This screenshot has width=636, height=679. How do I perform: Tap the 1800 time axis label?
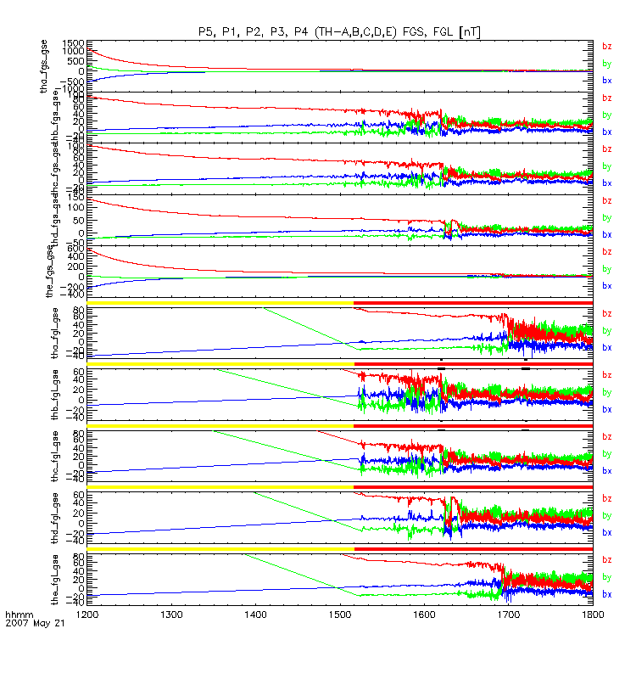pyautogui.click(x=593, y=611)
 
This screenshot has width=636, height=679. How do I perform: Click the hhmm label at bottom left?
pyautogui.click(x=18, y=612)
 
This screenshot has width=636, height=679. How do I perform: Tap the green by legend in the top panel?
pyautogui.click(x=606, y=63)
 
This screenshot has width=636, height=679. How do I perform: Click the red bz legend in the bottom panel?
pyautogui.click(x=606, y=560)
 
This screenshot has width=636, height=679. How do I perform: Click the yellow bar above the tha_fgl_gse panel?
pyautogui.click(x=220, y=302)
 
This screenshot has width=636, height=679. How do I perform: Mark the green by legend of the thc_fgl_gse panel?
pyautogui.click(x=606, y=453)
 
